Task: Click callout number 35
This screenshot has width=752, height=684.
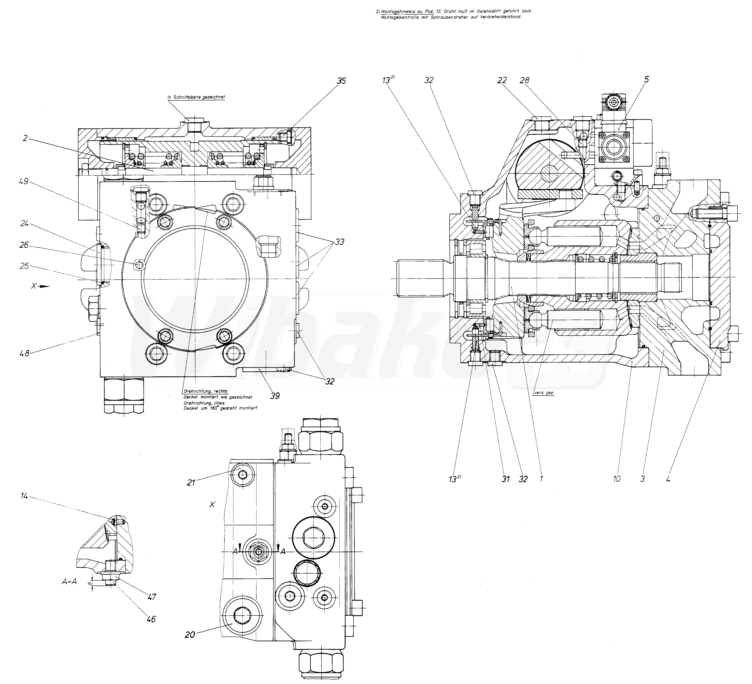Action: pos(341,81)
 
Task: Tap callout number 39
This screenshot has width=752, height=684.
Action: pos(275,396)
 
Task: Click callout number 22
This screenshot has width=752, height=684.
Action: pos(502,81)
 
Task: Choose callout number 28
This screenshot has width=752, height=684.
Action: pos(525,81)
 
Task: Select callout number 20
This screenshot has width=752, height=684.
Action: pos(190,635)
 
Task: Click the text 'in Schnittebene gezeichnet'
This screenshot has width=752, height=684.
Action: pos(196,97)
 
